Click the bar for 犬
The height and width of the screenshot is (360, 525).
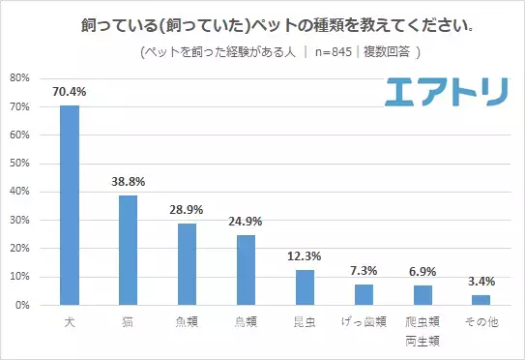(70, 205)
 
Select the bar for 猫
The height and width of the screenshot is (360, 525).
(129, 250)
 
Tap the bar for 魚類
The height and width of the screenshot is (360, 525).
(188, 264)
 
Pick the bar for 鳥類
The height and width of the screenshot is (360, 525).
(246, 270)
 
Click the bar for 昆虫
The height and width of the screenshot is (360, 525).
(305, 287)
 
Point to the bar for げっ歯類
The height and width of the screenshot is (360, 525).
(364, 295)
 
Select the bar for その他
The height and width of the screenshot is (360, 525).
(481, 300)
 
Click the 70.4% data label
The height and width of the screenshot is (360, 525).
(70, 92)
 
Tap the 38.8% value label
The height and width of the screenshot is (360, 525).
(129, 182)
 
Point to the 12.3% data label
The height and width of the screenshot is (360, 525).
(305, 257)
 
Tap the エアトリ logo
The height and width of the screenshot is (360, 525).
(446, 92)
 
